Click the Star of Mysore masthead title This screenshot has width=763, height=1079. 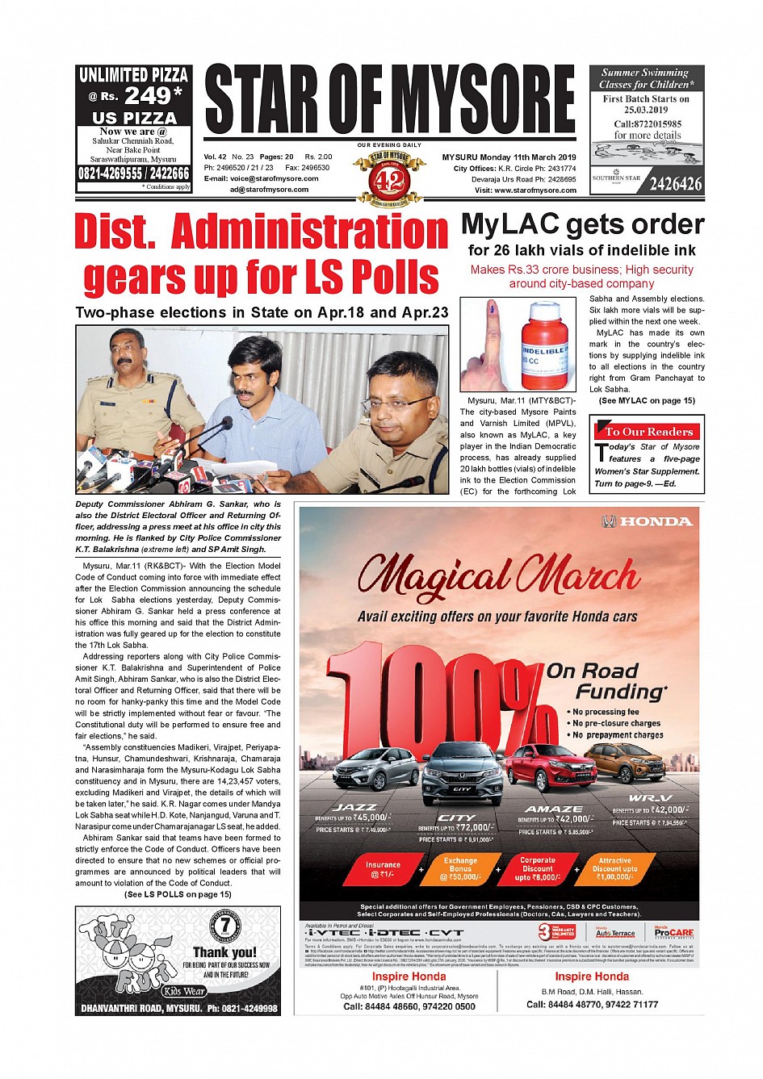click(390, 100)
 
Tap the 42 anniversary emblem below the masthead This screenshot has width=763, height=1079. click(389, 180)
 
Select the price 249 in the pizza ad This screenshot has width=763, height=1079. click(146, 95)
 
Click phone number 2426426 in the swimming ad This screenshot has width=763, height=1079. click(675, 184)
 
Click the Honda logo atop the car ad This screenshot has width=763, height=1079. click(648, 521)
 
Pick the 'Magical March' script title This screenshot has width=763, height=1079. click(498, 575)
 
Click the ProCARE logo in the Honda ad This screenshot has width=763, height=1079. click(673, 932)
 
